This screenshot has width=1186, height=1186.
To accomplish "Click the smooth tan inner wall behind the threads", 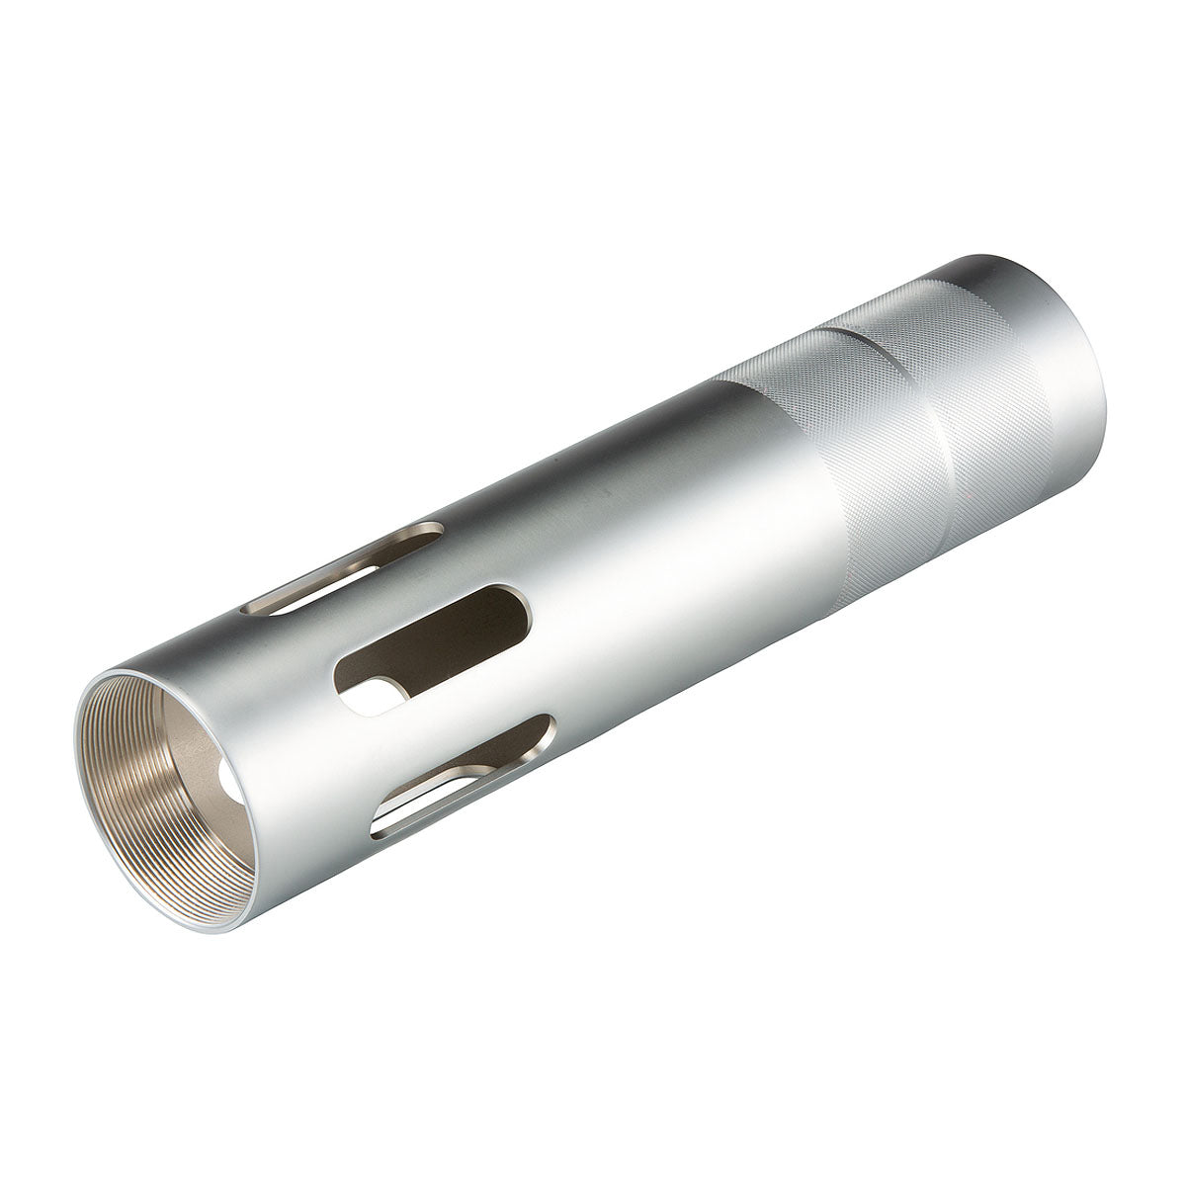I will (x=188, y=751).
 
